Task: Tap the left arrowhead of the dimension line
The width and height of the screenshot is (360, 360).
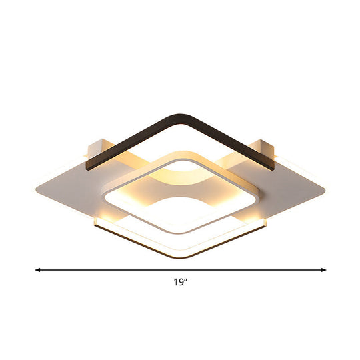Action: point(38,270)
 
